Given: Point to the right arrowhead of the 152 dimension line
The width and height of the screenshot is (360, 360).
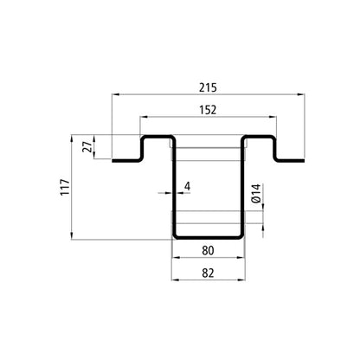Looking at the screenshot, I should point(274,116).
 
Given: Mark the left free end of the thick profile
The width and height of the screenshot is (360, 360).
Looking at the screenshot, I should point(112,158).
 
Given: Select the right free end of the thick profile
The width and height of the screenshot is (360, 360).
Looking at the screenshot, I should point(305,158).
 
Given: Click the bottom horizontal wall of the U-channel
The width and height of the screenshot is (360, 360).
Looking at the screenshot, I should point(209,236).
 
